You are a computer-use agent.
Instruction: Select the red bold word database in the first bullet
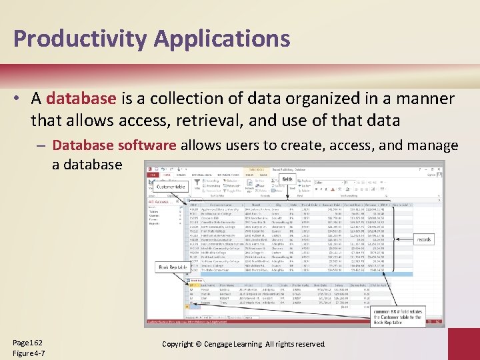pyautogui.click(x=81, y=99)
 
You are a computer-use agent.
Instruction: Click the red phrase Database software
pyautogui.click(x=113, y=145)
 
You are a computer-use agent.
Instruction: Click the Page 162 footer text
pyautogui.click(x=27, y=342)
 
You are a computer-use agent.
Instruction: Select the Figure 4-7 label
pyautogui.click(x=29, y=353)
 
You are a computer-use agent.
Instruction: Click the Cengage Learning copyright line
pyautogui.click(x=243, y=343)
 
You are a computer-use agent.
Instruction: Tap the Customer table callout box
pyautogui.click(x=171, y=187)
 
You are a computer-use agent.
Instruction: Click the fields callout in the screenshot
pyautogui.click(x=287, y=179)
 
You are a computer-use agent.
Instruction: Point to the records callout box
pyautogui.click(x=424, y=239)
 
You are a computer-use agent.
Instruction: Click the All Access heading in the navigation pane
pyautogui.click(x=159, y=201)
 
